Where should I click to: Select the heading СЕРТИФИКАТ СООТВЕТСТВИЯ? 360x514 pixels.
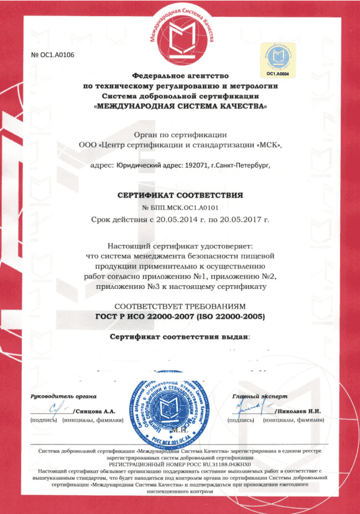pos(180,195)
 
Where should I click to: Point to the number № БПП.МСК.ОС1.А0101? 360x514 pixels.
pos(180,207)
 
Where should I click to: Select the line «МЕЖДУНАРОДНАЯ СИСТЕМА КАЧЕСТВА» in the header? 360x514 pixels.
pos(180,106)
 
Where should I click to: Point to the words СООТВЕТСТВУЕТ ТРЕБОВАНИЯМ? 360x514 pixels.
pos(180,306)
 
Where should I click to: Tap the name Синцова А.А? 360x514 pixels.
pos(95,411)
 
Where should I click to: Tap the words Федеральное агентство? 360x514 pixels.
pos(179,75)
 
